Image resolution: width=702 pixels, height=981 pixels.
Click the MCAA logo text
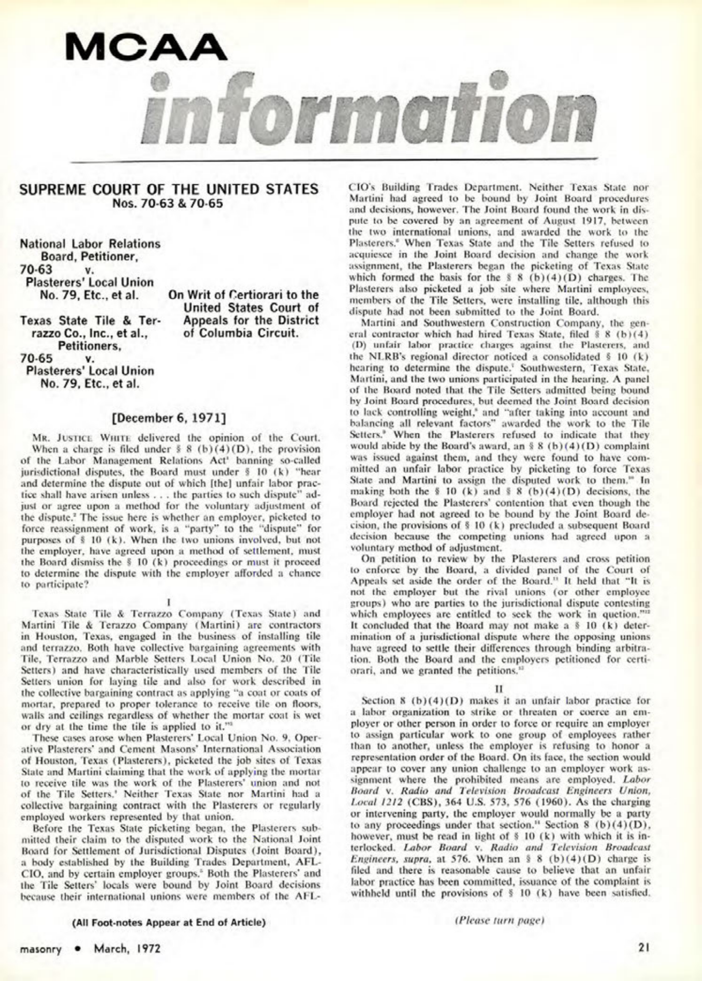(146, 46)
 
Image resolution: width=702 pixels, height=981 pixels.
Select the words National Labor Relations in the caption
(90, 244)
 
